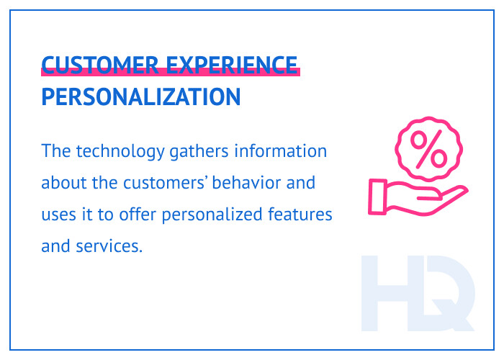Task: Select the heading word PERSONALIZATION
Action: coord(141,97)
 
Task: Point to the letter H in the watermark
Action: coord(390,292)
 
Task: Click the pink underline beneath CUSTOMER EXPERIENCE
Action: coord(170,73)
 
